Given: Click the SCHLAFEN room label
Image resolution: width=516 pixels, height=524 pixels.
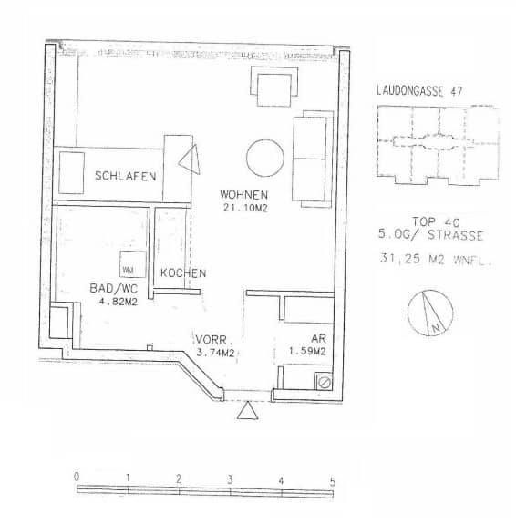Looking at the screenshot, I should pos(125,176).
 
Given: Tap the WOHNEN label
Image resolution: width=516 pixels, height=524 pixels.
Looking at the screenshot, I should pos(243,194).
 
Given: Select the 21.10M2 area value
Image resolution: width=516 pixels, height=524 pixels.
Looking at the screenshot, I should pos(243,208).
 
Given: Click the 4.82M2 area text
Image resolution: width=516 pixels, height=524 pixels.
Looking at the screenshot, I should pos(113,302).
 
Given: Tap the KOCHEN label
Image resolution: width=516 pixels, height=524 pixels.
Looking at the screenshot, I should pos(183,272).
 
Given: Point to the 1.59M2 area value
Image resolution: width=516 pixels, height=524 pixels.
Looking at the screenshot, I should pos(307,352).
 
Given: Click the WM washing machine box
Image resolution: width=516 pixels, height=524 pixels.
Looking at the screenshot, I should pos(129,269).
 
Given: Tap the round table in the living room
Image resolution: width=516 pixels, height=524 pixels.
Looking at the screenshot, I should pos(264,158).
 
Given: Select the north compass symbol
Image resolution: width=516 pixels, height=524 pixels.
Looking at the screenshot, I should pos(431,313).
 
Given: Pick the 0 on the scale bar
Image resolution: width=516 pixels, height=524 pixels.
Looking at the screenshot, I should pos(77,477).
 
